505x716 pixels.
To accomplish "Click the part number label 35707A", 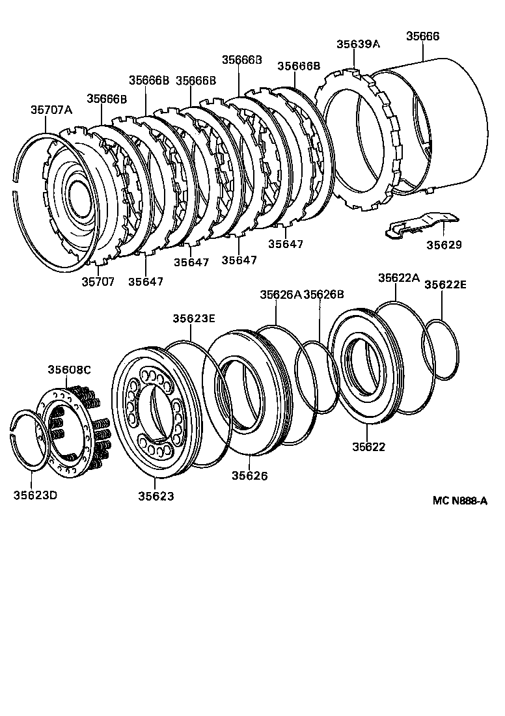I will tap(51, 110).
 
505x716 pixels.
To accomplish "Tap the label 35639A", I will tap(357, 44).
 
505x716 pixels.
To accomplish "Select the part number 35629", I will tap(444, 245).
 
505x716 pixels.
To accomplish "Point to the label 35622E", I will tap(445, 284).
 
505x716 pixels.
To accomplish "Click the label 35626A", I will tap(280, 294).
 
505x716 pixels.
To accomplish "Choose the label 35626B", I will tap(323, 294).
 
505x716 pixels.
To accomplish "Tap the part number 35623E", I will tap(193, 318).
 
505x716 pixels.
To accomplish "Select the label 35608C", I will tap(69, 370).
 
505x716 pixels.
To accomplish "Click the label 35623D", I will tap(35, 495).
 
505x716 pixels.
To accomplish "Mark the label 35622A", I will tap(399, 278).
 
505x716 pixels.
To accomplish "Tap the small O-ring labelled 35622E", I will tap(441, 349).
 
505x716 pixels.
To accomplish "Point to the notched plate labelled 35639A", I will tap(358, 140).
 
